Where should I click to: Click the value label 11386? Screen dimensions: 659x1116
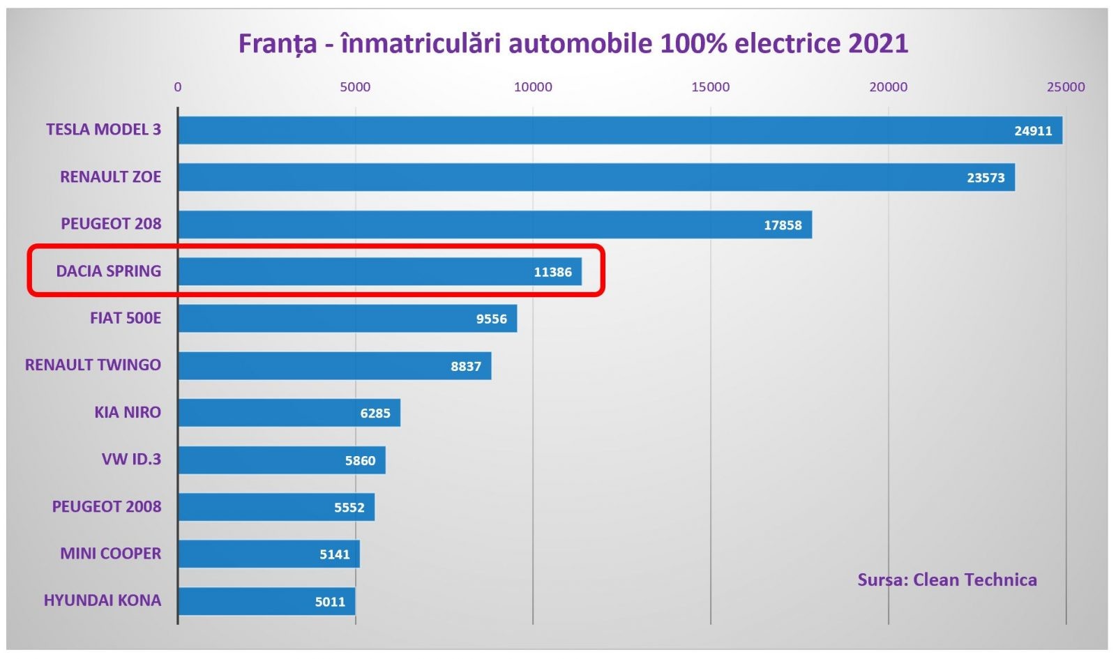(x=552, y=272)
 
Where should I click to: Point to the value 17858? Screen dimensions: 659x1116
(x=783, y=225)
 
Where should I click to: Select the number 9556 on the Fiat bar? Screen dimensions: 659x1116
(x=491, y=319)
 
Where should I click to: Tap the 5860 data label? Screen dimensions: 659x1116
(x=360, y=460)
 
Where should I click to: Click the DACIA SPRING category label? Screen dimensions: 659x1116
(x=108, y=271)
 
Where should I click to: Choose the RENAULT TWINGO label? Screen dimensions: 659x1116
(x=93, y=365)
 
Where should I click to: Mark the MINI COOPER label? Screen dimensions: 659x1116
(x=110, y=553)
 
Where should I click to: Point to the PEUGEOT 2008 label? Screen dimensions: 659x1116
(x=106, y=506)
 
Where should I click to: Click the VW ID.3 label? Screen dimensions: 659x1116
(x=131, y=459)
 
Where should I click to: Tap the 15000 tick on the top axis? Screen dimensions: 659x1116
(x=710, y=87)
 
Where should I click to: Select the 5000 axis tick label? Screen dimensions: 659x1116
(x=355, y=87)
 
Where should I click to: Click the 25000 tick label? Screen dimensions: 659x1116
(x=1065, y=87)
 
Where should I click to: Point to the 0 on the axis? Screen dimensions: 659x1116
(x=178, y=87)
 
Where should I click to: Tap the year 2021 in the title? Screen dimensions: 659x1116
(x=878, y=43)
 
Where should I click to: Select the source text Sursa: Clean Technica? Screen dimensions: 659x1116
(x=947, y=580)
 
